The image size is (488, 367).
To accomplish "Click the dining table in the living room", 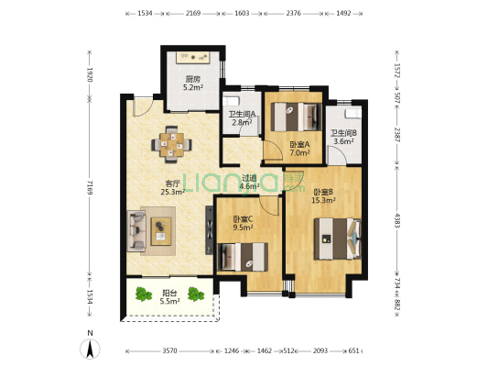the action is (x=171, y=145).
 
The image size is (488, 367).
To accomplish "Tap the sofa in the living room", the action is (x=136, y=231).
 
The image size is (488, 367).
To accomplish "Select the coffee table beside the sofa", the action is (x=161, y=231).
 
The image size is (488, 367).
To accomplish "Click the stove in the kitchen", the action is (x=193, y=58).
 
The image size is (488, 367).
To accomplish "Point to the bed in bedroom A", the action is (x=296, y=117).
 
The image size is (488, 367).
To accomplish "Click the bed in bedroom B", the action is (x=337, y=239).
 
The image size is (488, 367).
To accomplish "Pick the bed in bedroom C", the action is (x=243, y=257).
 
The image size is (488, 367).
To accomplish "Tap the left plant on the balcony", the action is (x=143, y=294).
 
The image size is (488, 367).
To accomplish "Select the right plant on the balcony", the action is (x=196, y=294).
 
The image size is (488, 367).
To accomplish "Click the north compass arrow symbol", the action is (x=90, y=349).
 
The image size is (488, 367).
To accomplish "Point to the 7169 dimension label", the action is (x=90, y=187).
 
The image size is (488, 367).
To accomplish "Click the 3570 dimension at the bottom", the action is (x=169, y=351).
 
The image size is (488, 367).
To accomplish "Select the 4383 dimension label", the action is (x=396, y=220).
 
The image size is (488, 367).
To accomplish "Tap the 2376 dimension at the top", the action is (x=294, y=13).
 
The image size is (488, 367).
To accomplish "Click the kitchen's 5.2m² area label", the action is (x=193, y=87).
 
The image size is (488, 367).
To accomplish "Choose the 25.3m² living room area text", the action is (x=173, y=192).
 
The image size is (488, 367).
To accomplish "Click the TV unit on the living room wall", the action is (x=209, y=230).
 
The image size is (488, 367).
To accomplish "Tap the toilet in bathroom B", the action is (x=352, y=114).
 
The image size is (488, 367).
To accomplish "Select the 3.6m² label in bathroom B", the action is (x=343, y=141).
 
